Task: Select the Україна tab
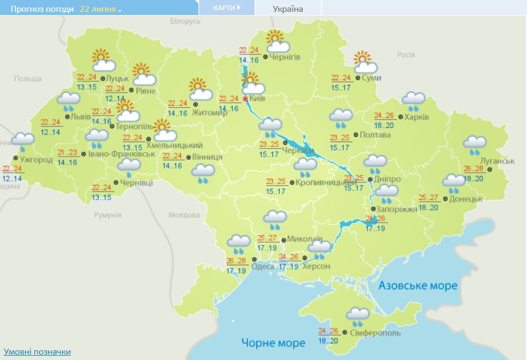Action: pyautogui.click(x=288, y=9)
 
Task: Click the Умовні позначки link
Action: pyautogui.click(x=37, y=351)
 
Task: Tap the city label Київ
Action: pyautogui.click(x=258, y=99)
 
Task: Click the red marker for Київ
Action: pyautogui.click(x=245, y=99)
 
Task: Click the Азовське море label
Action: pyautogui.click(x=418, y=285)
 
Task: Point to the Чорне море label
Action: pyautogui.click(x=273, y=342)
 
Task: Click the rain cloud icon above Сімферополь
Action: pyautogui.click(x=357, y=316)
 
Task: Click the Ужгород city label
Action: pyautogui.click(x=36, y=160)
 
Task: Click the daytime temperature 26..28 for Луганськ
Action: pyautogui.click(x=473, y=169)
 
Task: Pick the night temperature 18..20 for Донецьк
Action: pyautogui.click(x=428, y=208)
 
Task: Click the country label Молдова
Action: pyautogui.click(x=184, y=215)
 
